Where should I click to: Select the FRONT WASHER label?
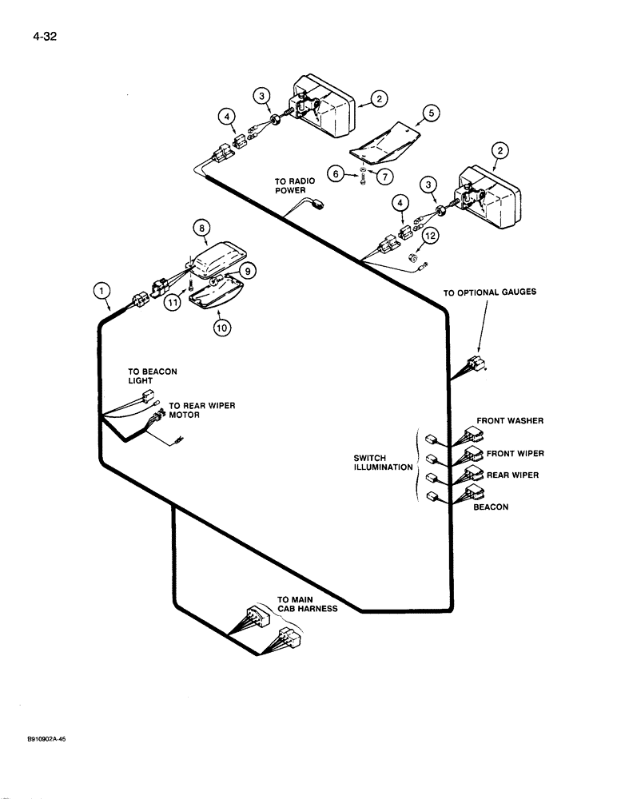tap(510, 419)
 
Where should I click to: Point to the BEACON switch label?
tap(490, 507)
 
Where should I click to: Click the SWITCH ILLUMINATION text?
tap(382, 463)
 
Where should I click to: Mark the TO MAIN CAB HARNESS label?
tap(308, 603)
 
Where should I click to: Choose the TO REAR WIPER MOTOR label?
tap(201, 410)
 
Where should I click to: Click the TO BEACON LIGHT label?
tap(152, 376)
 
